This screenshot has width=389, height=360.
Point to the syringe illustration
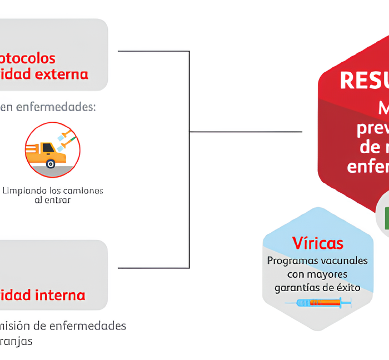[x=318, y=303]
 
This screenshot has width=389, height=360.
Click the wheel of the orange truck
[x=51, y=163]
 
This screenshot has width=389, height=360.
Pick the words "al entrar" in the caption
[x=52, y=200]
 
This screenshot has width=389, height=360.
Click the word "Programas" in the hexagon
[x=292, y=261]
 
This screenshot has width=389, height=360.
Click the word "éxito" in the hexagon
[x=348, y=288]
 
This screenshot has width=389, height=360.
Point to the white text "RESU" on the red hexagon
[x=363, y=80]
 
